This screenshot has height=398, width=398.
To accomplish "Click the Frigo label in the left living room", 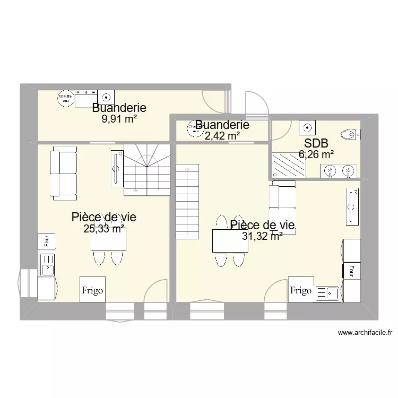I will coord(92,291).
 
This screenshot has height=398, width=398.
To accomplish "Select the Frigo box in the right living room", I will coord(301,290).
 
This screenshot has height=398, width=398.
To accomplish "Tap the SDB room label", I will coord(316,143).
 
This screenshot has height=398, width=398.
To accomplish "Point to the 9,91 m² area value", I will coord(119,119).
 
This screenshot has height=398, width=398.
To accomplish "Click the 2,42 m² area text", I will coord(222,136).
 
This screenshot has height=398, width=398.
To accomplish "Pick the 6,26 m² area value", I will coord(316,154).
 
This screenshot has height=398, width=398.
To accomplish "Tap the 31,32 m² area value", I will coord(262,237).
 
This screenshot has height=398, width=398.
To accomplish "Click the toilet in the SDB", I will coord(348,134).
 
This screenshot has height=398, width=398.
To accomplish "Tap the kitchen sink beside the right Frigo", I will coord(328,292).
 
